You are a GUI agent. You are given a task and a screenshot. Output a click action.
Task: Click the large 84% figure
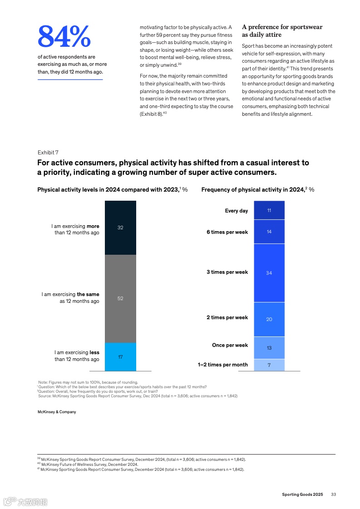point(64,37)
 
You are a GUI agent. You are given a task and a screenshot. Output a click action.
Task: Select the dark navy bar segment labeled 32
point(120,227)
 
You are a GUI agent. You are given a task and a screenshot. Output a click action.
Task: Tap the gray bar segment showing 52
point(120,298)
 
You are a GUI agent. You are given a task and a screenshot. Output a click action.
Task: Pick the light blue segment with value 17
point(120,357)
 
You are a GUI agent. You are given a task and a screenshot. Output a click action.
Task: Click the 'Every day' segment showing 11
point(269,210)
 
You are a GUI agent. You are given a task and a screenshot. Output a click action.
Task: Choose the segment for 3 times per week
point(269,273)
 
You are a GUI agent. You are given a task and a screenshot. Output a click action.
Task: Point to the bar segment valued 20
point(269,319)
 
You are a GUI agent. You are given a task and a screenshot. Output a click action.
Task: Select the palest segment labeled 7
point(269,365)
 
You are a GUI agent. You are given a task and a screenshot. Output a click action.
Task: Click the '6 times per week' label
point(227,232)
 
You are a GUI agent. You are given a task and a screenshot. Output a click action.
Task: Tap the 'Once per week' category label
point(230,345)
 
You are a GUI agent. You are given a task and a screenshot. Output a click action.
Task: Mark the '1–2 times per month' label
point(222,365)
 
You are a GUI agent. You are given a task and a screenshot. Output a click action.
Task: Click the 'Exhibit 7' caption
point(48,153)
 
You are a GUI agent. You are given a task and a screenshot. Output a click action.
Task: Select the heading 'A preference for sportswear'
point(282,27)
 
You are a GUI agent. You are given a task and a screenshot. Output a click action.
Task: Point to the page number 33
point(333,494)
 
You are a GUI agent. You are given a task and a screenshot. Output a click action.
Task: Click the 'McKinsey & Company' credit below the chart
point(57,412)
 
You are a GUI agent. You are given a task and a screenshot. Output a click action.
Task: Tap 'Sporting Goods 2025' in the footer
point(302,494)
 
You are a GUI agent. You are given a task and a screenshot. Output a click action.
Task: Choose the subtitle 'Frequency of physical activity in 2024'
point(252,190)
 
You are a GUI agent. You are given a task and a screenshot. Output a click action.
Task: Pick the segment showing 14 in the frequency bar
point(269,232)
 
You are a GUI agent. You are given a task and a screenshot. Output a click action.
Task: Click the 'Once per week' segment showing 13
point(269,348)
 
